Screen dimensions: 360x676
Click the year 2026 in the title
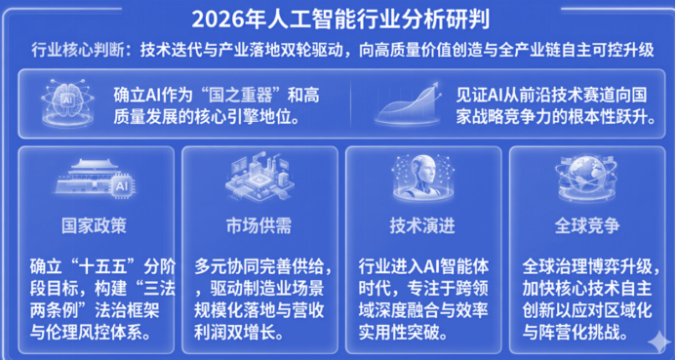click(x=216, y=19)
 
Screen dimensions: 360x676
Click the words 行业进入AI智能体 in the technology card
click(x=422, y=265)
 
